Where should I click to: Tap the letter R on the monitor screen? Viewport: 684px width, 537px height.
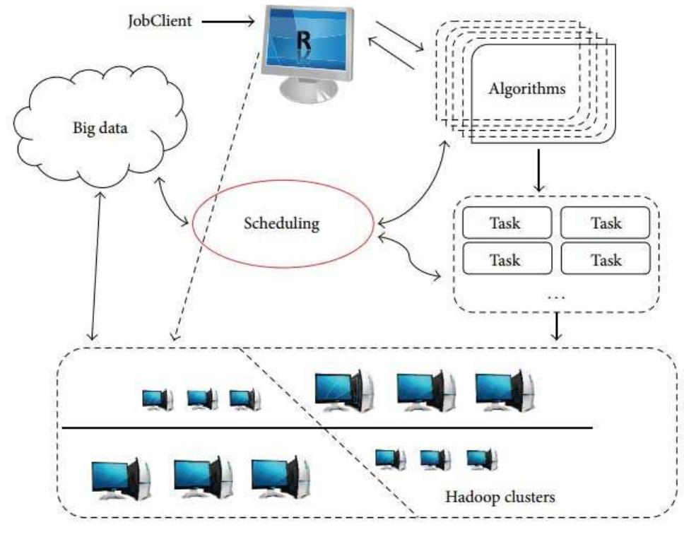304,38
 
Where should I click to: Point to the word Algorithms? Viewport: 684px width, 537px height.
527,89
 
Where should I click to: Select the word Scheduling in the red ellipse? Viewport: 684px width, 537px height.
282,225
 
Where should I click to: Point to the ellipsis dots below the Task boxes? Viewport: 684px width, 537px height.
556,297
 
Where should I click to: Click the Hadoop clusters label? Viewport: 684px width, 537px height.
500,497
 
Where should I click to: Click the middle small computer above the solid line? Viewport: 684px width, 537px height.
202,399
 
